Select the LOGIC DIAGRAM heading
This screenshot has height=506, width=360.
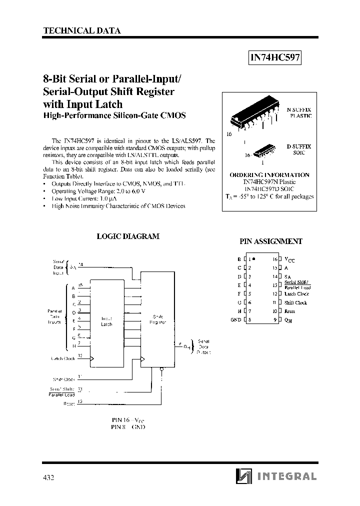(128, 236)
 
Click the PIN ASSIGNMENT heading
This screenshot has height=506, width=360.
(271, 241)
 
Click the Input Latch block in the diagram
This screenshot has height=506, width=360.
(107, 321)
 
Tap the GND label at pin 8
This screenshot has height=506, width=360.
(236, 320)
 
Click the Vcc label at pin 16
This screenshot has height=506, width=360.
(289, 260)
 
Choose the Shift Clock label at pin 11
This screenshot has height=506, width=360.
(295, 302)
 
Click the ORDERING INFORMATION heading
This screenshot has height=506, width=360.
(269, 175)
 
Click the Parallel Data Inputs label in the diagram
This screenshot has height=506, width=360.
(54, 316)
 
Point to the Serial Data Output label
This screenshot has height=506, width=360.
(203, 346)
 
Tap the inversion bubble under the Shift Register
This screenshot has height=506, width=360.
(161, 370)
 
